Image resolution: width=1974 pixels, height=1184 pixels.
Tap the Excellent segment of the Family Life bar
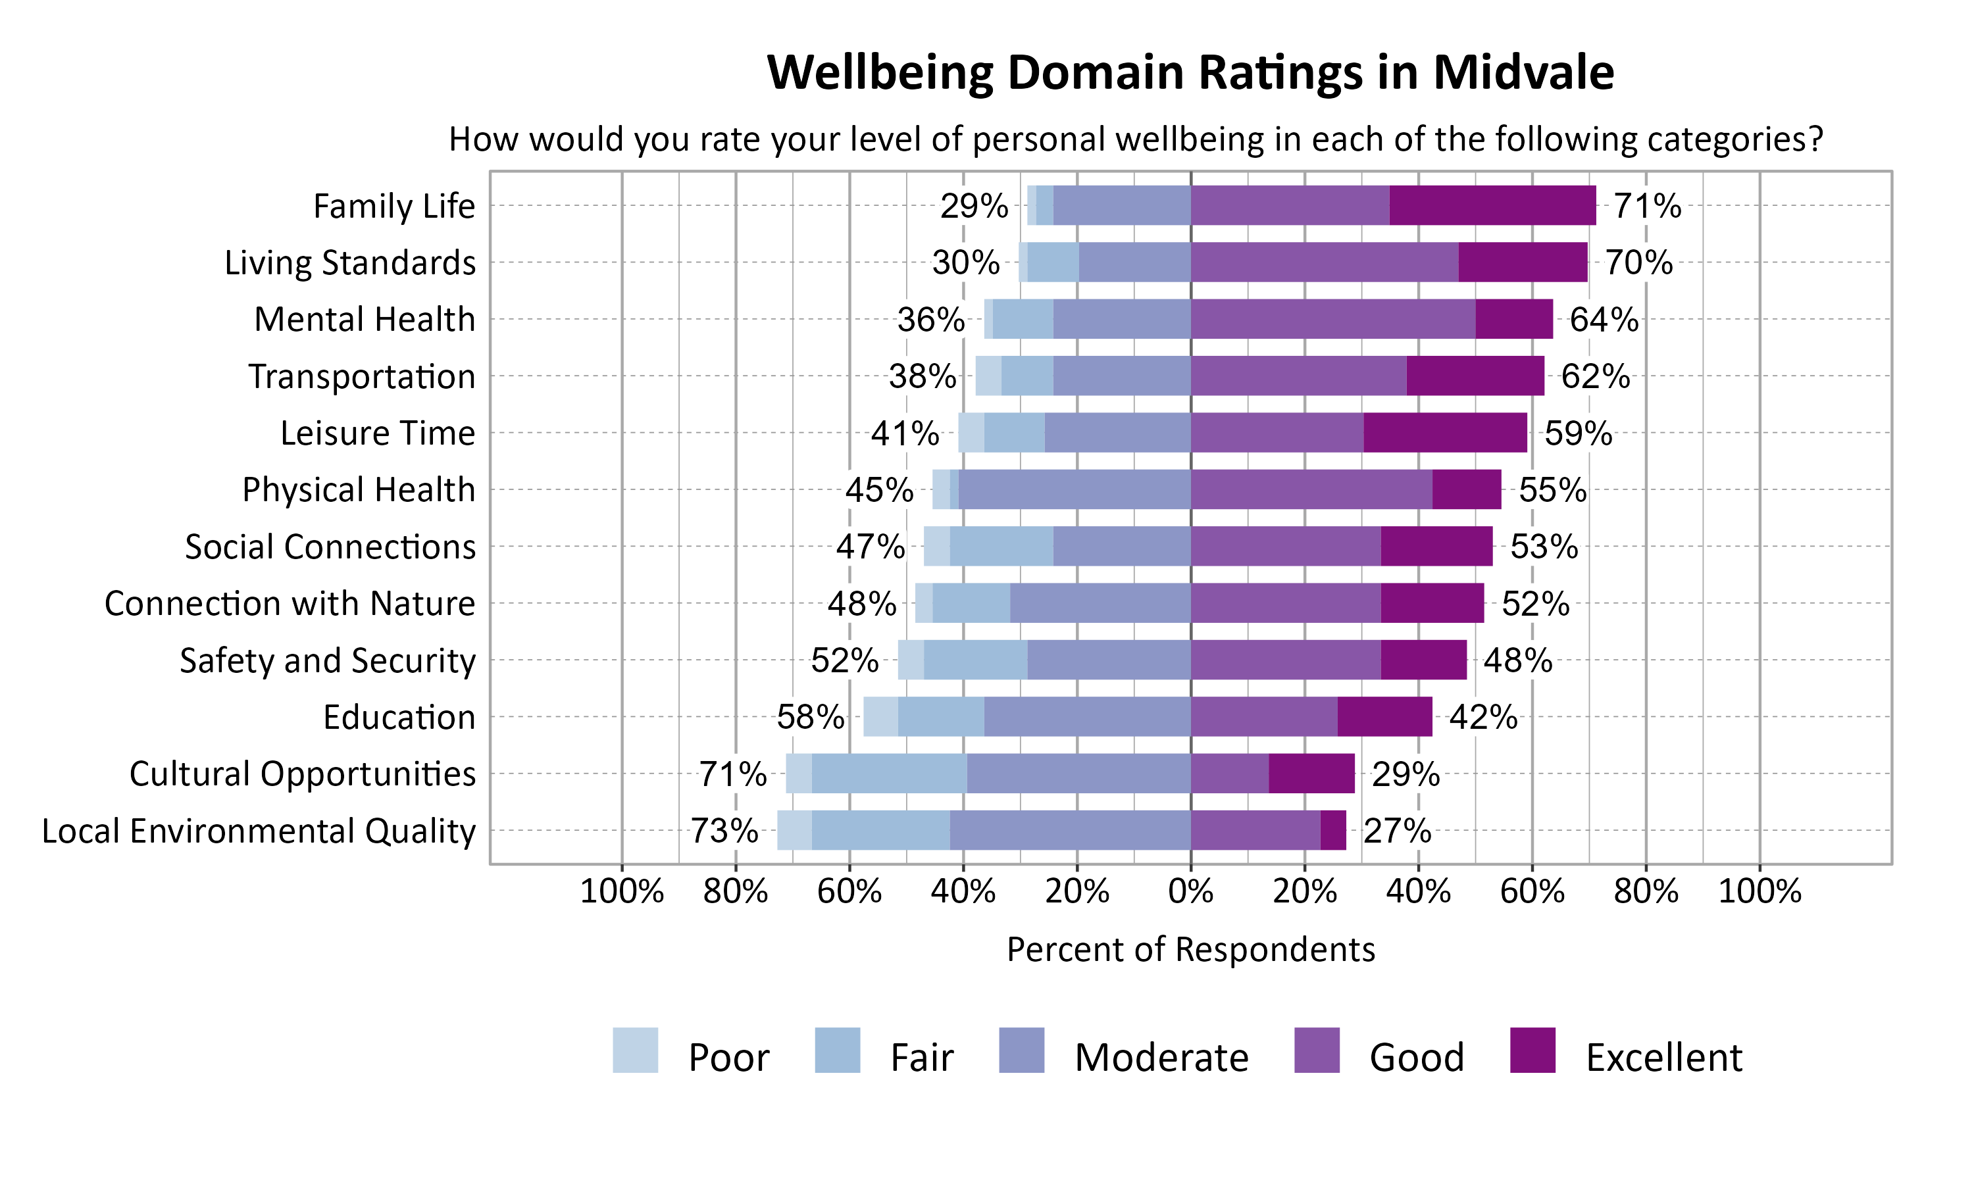1492,206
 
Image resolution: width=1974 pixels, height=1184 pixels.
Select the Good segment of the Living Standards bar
1324,262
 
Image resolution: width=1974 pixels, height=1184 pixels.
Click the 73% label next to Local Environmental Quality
724,831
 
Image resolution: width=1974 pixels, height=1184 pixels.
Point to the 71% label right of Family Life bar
1647,206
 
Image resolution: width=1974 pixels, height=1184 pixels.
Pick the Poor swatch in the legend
635,1050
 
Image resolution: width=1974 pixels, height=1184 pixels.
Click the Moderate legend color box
1021,1050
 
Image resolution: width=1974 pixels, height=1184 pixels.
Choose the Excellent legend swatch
1532,1050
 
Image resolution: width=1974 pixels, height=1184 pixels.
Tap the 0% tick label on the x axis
1190,891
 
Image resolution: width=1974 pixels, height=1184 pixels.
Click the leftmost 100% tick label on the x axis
622,891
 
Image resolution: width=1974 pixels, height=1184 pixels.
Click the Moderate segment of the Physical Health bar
1074,490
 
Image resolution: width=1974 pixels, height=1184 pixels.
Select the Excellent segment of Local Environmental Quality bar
1332,831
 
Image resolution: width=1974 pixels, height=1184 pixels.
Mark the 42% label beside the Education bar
1482,717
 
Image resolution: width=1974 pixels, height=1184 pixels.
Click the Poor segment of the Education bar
880,717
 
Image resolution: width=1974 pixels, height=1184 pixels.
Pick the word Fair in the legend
922,1058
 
